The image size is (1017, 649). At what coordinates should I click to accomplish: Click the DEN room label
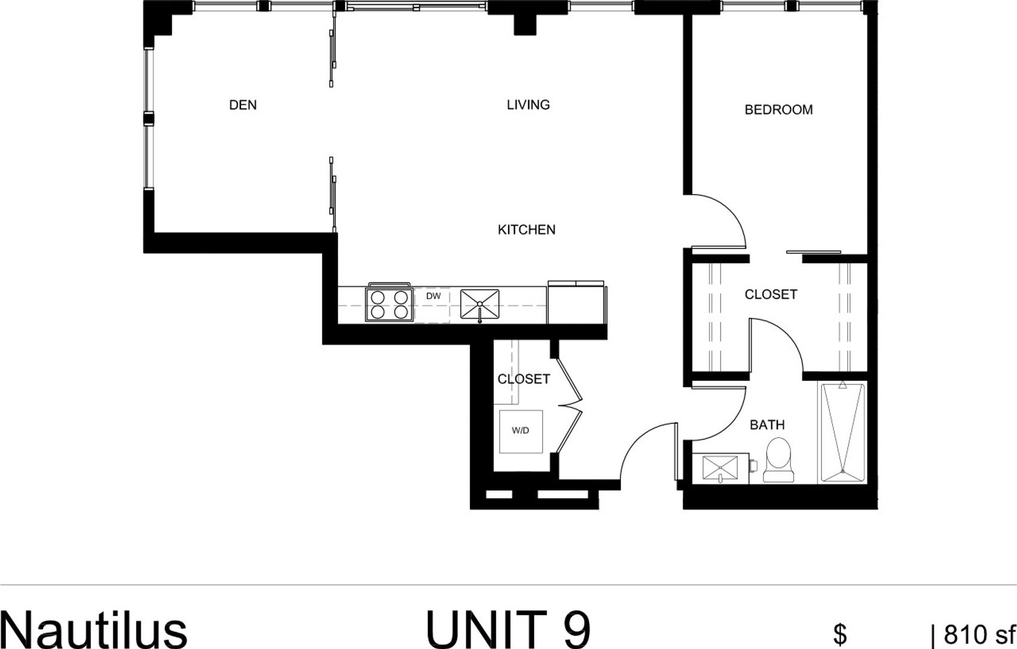pyautogui.click(x=243, y=105)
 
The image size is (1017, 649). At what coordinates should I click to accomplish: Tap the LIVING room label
pyautogui.click(x=528, y=105)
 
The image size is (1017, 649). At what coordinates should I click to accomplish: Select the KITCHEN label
pyautogui.click(x=527, y=230)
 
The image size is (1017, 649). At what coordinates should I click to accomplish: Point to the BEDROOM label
pyautogui.click(x=778, y=110)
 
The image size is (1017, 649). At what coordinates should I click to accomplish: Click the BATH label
pyautogui.click(x=767, y=425)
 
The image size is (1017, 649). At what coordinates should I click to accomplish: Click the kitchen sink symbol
pyautogui.click(x=480, y=304)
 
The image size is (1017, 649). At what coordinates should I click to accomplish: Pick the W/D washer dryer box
pyautogui.click(x=521, y=431)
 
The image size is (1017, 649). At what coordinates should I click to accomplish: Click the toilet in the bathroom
pyautogui.click(x=779, y=460)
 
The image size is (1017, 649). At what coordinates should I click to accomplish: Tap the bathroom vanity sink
pyautogui.click(x=720, y=468)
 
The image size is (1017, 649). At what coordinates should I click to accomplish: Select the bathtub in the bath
pyautogui.click(x=843, y=431)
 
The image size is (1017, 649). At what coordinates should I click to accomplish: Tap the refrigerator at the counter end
pyautogui.click(x=576, y=303)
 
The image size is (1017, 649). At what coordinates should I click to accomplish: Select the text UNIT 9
pyautogui.click(x=508, y=629)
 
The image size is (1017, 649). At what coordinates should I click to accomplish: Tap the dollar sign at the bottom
pyautogui.click(x=840, y=634)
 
